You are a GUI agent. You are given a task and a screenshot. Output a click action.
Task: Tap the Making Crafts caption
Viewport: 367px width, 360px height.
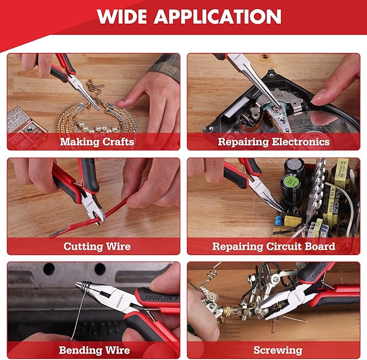tap(97, 142)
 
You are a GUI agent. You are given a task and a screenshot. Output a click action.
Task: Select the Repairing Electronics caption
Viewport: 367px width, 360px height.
tap(273, 142)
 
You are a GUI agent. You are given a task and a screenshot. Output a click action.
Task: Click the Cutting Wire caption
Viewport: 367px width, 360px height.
tap(97, 246)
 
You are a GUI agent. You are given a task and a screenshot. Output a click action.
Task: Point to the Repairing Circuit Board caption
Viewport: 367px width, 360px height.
tap(273, 246)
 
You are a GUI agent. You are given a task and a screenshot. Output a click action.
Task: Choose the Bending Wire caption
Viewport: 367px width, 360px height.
tap(95, 350)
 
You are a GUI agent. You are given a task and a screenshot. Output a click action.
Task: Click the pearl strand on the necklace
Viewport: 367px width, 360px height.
tap(100, 129)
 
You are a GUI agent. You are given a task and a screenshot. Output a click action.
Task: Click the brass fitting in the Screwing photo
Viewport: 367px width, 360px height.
tap(227, 314)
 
